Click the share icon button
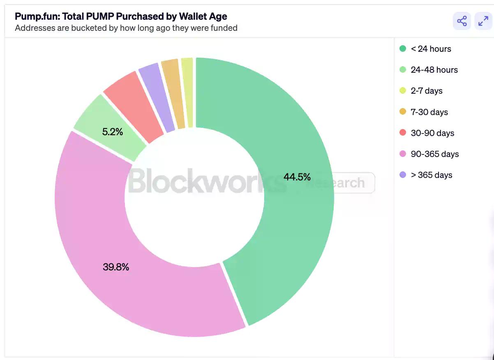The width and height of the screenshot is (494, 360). [x=462, y=21]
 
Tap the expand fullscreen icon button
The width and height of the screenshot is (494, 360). [x=483, y=21]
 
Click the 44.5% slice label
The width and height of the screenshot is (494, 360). [x=297, y=177]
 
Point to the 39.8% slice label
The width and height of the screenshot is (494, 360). [x=116, y=267]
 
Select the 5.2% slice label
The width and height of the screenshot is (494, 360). [x=112, y=132]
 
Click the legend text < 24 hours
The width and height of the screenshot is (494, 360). [x=431, y=49]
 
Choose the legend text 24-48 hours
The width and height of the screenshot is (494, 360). [x=434, y=70]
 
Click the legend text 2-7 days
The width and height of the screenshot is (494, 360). [x=427, y=91]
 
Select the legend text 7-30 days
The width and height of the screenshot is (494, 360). [x=429, y=112]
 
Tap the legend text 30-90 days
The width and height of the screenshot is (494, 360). [x=432, y=133]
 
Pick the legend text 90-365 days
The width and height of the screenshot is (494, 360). [x=434, y=154]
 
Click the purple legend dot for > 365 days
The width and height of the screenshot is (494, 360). [x=403, y=175]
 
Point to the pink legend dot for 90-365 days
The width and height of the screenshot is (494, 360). [x=403, y=154]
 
